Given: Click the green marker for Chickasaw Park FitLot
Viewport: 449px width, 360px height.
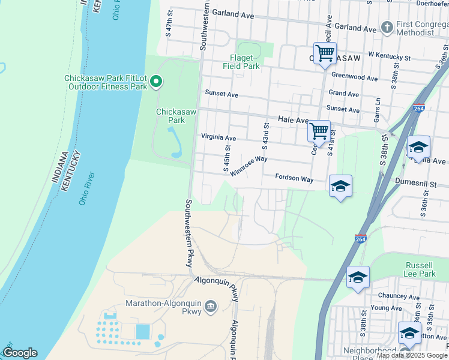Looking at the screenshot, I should (x=156, y=81).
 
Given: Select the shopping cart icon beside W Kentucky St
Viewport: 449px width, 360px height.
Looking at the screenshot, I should (x=325, y=53).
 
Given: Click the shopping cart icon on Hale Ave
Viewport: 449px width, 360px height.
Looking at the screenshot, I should (x=319, y=130).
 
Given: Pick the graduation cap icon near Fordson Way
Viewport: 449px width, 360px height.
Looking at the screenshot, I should (x=340, y=186).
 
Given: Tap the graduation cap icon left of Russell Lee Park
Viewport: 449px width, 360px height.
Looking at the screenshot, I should (x=358, y=277).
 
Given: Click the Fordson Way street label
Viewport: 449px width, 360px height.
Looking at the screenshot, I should (x=294, y=178).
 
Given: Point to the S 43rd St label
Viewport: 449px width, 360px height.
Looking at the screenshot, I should (x=265, y=136).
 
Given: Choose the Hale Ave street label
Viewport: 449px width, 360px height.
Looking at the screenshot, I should (x=292, y=120).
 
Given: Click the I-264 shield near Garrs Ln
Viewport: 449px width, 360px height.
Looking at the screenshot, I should (x=418, y=108).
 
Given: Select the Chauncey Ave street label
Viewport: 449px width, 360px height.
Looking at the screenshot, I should (x=398, y=296).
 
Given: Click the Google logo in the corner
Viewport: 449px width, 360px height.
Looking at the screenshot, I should (x=19, y=353).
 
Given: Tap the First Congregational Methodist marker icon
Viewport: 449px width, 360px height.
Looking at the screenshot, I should (x=387, y=28).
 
